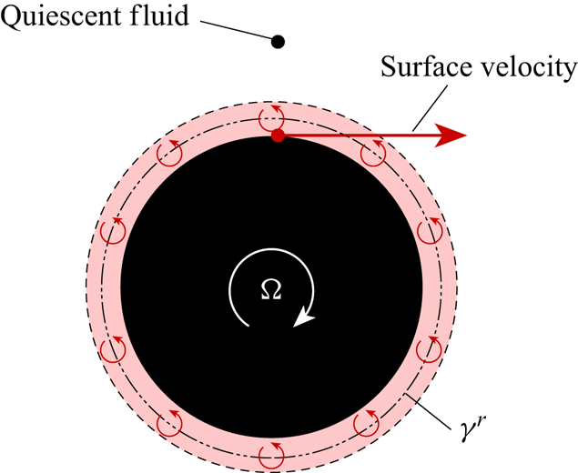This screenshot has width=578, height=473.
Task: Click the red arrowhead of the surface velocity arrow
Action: [x=451, y=136]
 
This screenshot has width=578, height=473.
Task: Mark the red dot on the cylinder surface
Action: [x=279, y=136]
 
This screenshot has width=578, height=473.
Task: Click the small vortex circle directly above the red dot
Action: [x=272, y=117]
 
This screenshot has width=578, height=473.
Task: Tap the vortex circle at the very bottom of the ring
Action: [x=271, y=452]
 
